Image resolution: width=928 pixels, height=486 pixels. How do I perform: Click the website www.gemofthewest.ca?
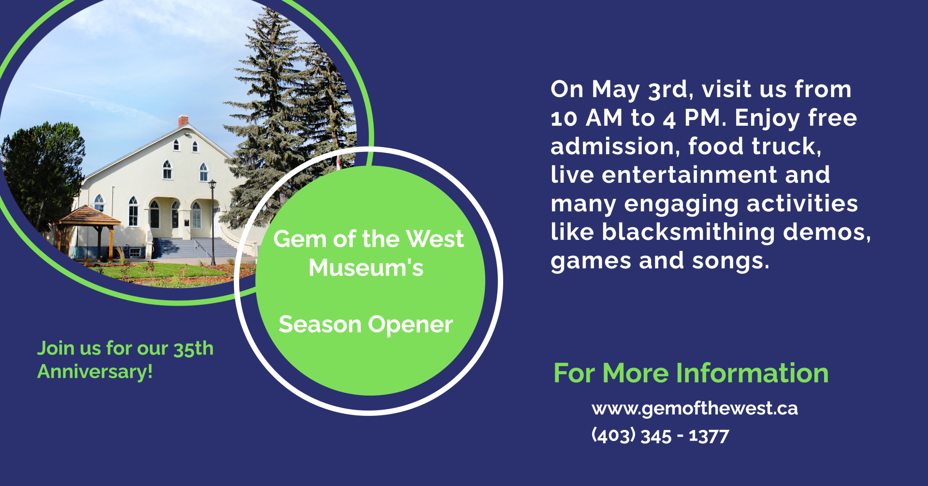click(x=695, y=409)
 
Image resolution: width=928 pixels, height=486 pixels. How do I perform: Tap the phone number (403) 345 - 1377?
click(x=660, y=436)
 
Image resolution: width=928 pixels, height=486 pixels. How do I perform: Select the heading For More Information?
click(x=691, y=373)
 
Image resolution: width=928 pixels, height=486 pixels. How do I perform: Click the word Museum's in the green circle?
click(x=366, y=267)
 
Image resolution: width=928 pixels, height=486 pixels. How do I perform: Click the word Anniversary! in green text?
click(x=95, y=371)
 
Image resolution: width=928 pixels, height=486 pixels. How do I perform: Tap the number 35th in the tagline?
click(x=193, y=348)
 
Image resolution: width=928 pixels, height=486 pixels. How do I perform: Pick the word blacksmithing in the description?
click(x=689, y=233)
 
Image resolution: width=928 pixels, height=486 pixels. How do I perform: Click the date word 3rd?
click(x=667, y=89)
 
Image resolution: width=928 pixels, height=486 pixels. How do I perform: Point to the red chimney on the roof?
click(x=183, y=120)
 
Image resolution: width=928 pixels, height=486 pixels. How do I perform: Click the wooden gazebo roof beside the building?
click(x=87, y=216)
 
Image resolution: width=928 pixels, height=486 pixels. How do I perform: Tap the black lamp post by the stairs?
click(x=212, y=222)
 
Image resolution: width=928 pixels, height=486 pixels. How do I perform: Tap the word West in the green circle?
click(x=435, y=239)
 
